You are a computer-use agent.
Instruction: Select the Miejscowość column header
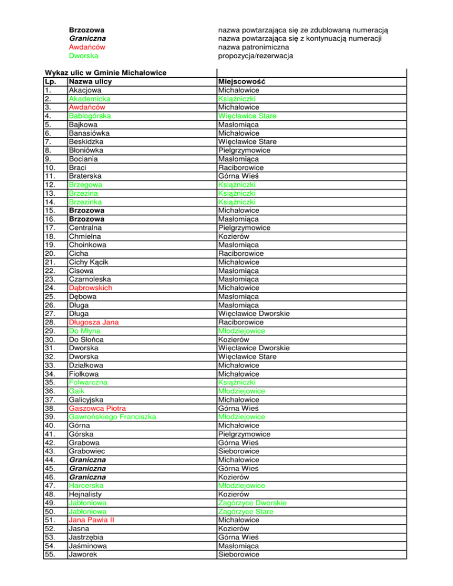coord(242,81)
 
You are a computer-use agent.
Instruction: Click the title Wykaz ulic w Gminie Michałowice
coord(106,73)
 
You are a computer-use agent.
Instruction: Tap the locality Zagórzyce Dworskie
coord(252,502)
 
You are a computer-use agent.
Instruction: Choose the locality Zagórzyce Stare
coord(245,511)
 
